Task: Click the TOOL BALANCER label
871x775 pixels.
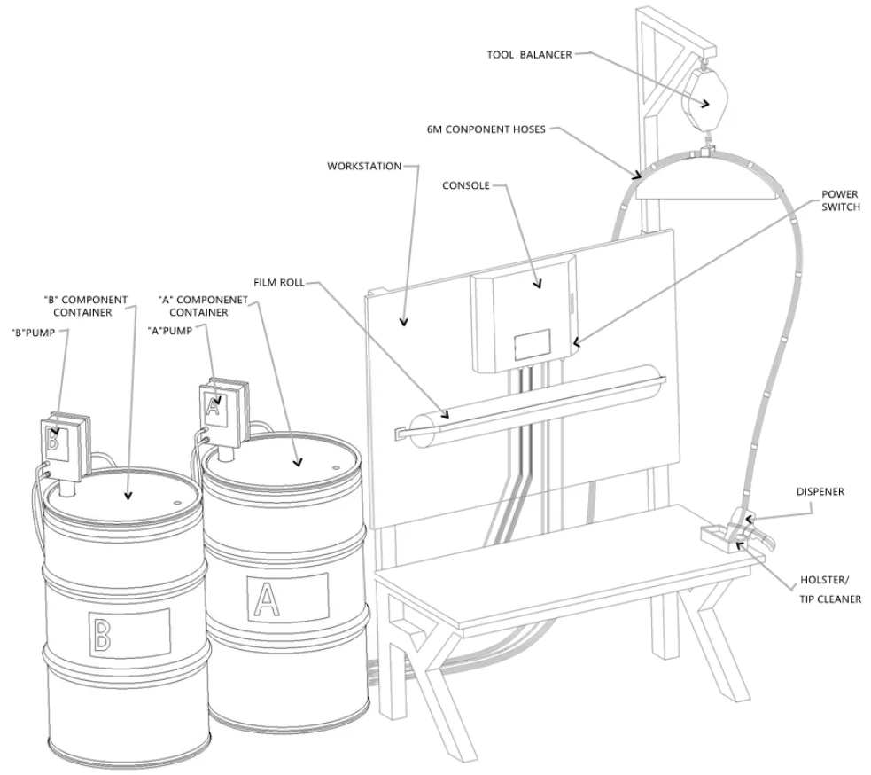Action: [528, 53]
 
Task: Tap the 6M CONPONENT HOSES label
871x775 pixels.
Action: [491, 129]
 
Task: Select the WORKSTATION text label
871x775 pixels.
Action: [364, 166]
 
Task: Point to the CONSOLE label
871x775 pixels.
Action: [465, 186]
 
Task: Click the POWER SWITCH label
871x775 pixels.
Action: [840, 201]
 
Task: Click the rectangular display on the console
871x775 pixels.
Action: [533, 345]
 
